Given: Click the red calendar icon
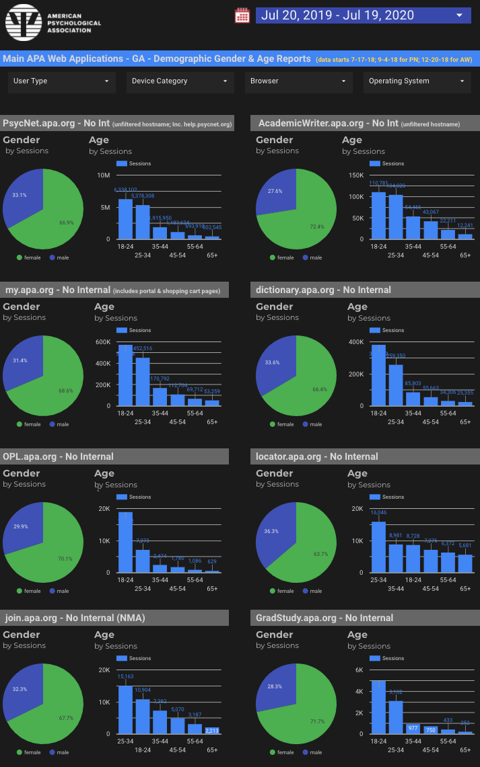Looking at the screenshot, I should tap(242, 15).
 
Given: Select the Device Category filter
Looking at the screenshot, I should tap(180, 81).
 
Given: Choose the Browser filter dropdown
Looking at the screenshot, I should tap(298, 81).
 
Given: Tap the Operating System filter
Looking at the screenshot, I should tap(417, 81).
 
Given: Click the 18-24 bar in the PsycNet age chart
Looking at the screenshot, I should tap(125, 219).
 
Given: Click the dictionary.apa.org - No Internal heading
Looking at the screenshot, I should tap(324, 290).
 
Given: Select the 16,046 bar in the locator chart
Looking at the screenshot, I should tap(378, 547).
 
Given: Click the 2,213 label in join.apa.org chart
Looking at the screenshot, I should tap(211, 730).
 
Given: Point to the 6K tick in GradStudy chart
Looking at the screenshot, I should tap(358, 670).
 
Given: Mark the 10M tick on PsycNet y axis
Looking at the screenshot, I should tap(103, 175).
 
